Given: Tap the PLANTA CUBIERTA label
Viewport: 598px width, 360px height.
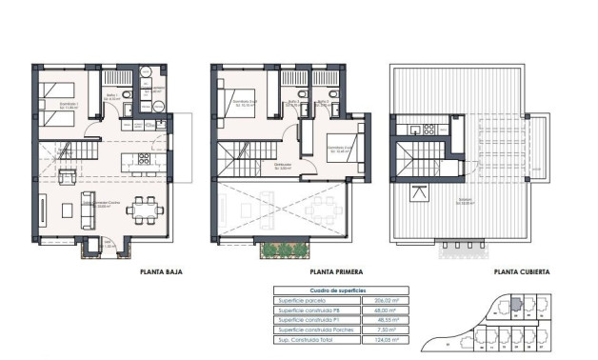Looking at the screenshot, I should coord(521,271).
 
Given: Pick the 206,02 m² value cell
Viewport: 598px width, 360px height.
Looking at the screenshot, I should coord(383,301).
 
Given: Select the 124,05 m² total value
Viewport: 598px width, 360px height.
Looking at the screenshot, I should coord(383,338).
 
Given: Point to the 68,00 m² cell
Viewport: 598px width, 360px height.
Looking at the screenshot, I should coord(383,310).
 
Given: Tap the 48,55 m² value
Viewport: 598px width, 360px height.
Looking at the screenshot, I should coord(383,319).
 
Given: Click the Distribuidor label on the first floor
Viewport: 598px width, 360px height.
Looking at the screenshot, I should coord(282,165).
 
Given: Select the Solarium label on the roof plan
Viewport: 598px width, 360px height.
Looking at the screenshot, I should coord(464,200).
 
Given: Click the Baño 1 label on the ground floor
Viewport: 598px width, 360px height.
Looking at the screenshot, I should coord(112,96).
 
